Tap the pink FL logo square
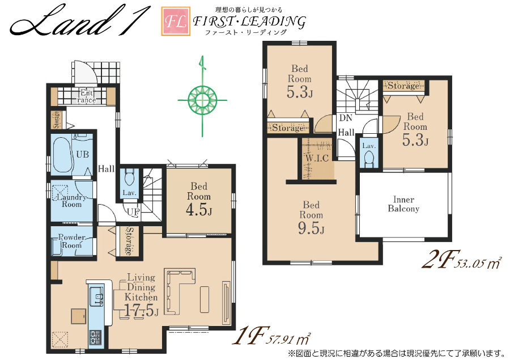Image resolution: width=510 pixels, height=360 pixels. point(176,21)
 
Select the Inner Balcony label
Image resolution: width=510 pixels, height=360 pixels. point(403,204)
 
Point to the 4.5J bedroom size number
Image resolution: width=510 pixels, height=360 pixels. point(199,210)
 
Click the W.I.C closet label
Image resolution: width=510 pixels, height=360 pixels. point(317,159)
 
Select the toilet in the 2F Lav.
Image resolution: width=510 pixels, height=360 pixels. point(369,159)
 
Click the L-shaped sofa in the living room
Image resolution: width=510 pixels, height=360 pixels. point(180,291)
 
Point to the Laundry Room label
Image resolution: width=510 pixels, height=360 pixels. point(71,201)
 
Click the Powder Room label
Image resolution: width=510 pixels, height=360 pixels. point(71,241)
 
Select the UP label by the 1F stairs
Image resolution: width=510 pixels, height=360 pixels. point(133,212)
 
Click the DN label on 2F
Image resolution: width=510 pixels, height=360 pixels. point(346,118)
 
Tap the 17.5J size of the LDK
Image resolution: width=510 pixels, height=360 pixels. point(141,311)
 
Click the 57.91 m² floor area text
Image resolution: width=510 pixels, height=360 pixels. point(288,339)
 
